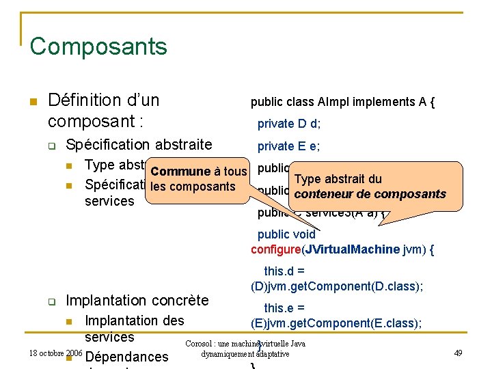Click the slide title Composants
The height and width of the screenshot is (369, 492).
click(98, 46)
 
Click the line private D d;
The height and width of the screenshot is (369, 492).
click(289, 124)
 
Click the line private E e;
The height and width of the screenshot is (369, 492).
click(289, 146)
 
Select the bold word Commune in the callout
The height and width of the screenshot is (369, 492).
click(181, 172)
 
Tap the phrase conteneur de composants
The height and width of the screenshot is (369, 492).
click(370, 194)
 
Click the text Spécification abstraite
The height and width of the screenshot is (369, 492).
click(139, 145)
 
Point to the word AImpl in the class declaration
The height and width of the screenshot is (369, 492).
click(334, 102)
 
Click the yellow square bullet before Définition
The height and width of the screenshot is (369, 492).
click(32, 102)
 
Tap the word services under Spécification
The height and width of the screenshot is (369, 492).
click(109, 201)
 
